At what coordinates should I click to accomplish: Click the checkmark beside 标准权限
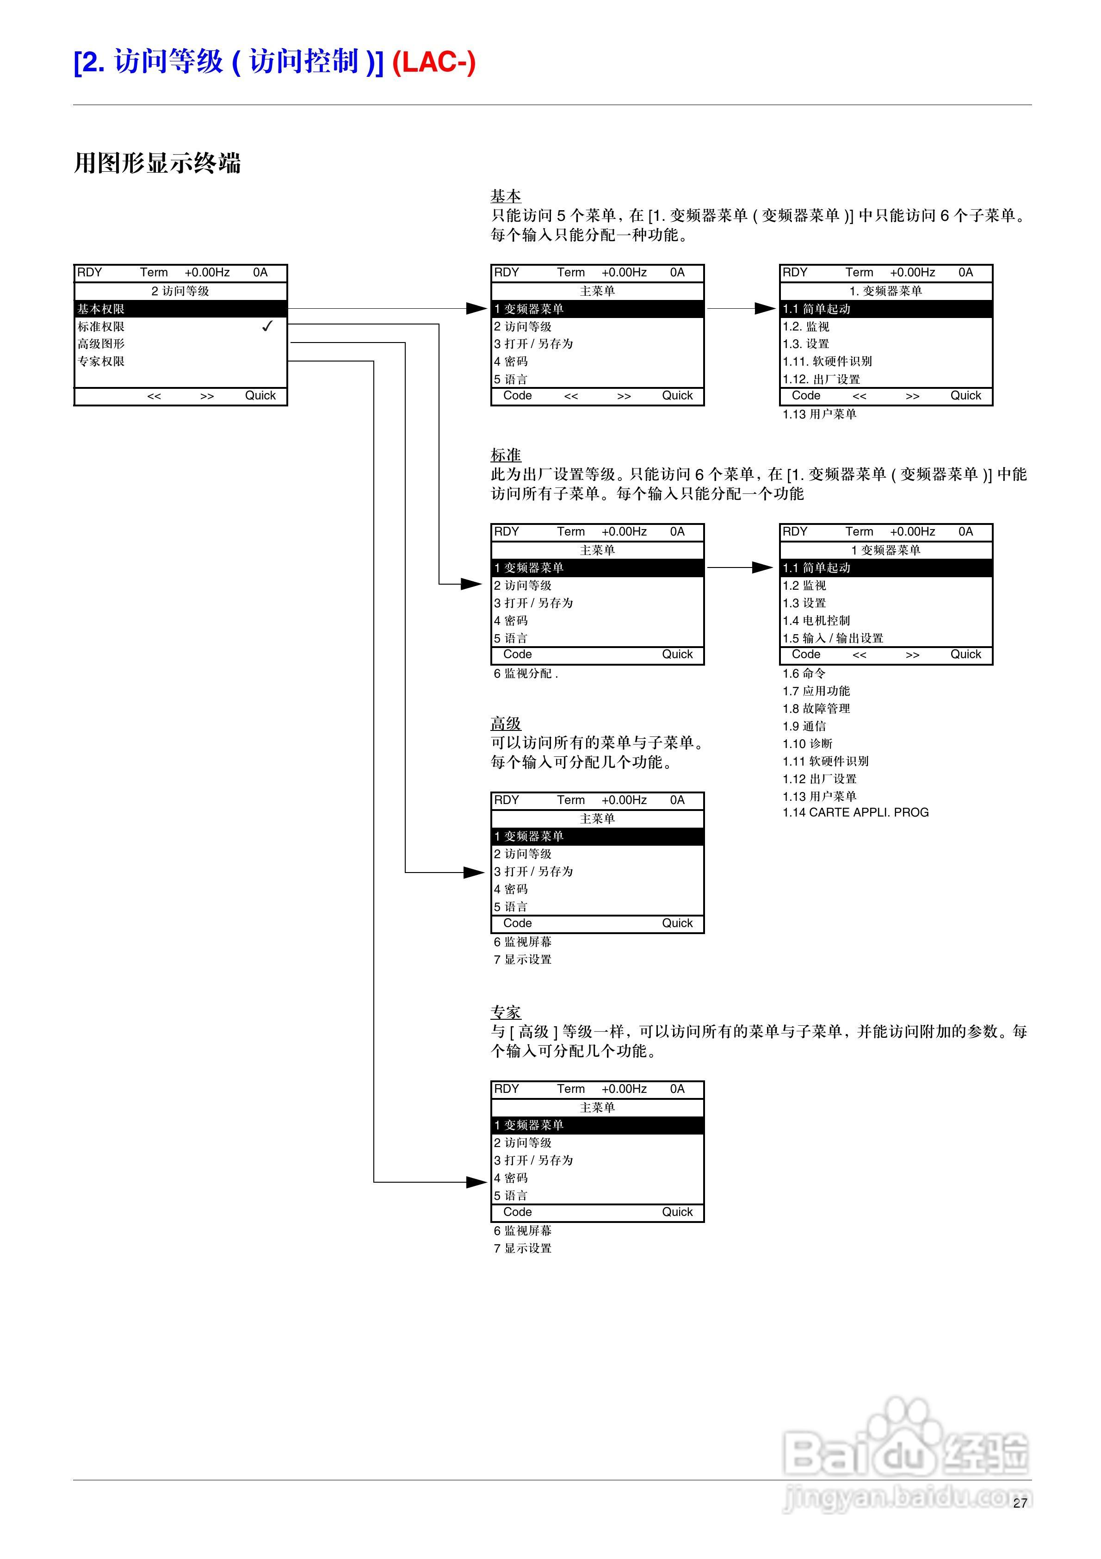267,326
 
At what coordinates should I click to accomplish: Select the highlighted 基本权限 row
180,309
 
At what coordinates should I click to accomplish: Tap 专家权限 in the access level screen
101,361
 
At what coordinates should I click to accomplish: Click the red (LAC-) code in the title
434,62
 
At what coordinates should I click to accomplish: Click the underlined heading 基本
506,196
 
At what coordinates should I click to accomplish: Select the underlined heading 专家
506,1012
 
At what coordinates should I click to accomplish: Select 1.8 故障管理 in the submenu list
816,708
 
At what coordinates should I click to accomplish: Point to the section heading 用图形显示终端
157,163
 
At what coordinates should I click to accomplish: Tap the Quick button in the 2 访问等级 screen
260,396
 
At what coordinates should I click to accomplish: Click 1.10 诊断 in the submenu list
807,743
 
